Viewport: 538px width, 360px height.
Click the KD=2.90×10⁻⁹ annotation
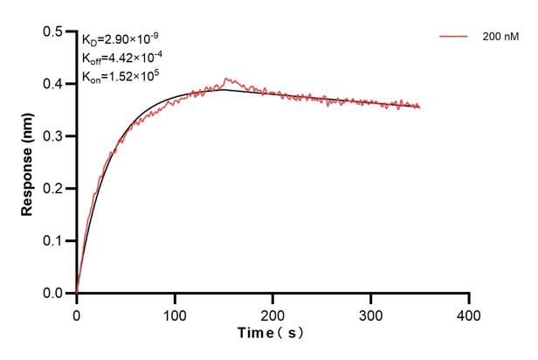(121, 40)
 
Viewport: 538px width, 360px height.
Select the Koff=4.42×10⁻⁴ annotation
(120, 58)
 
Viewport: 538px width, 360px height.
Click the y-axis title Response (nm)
(28, 163)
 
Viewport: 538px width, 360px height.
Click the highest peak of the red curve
(226, 78)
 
